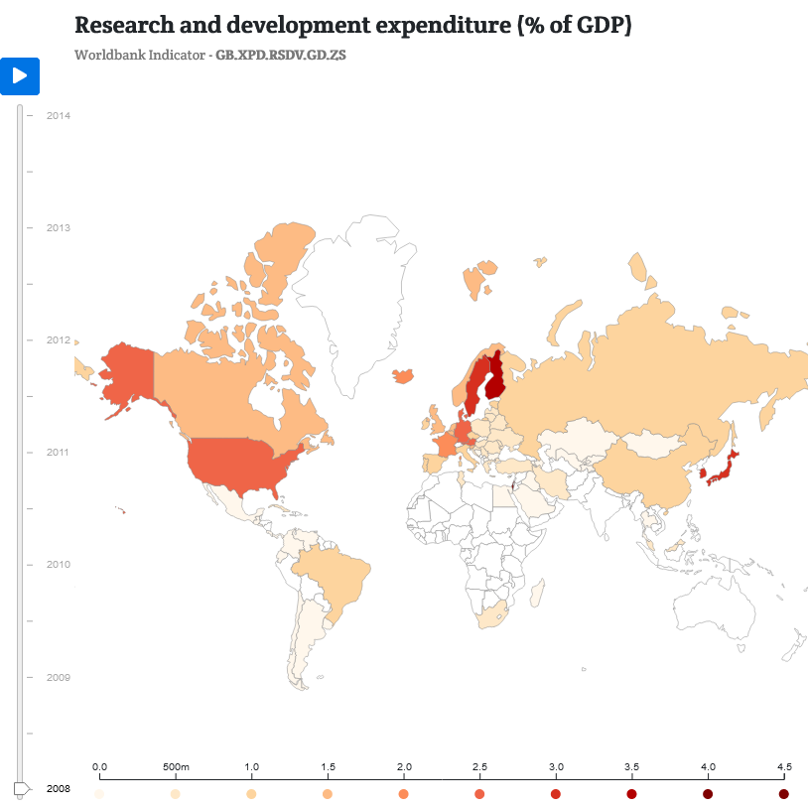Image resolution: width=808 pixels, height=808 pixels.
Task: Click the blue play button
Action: (x=20, y=75)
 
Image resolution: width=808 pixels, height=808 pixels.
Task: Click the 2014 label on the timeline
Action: (x=59, y=115)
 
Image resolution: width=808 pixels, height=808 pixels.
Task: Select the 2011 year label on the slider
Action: (x=59, y=453)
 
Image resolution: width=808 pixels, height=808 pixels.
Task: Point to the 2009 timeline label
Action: (x=59, y=677)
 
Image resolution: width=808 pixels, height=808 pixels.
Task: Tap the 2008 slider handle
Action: (x=21, y=788)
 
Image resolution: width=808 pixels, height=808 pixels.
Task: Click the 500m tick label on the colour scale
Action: (x=176, y=767)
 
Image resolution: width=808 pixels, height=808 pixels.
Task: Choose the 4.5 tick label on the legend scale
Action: (x=784, y=767)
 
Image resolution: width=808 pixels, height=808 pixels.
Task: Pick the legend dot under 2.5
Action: (x=479, y=795)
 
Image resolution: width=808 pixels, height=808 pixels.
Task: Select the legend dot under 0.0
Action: (x=99, y=795)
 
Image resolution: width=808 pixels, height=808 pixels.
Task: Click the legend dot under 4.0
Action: (x=708, y=795)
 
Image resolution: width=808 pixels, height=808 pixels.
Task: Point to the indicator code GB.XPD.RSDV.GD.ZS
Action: (x=281, y=54)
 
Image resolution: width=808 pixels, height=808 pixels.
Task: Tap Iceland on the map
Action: (x=403, y=376)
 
